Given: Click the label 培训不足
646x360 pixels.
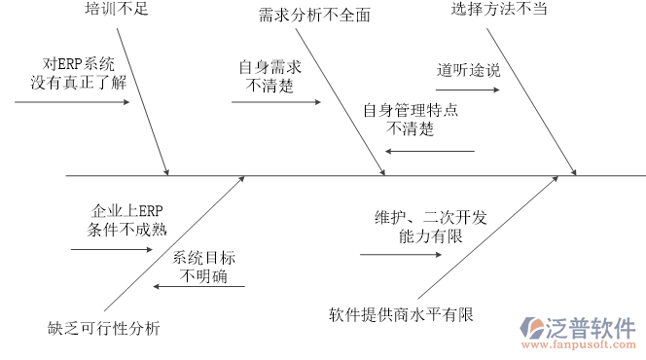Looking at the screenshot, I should click(117, 11).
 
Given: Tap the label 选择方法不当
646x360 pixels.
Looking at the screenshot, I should click(498, 10).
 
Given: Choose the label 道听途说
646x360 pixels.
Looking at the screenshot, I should click(467, 70).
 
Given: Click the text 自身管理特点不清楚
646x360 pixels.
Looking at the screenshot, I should click(411, 119).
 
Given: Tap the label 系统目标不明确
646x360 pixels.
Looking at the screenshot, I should click(205, 268).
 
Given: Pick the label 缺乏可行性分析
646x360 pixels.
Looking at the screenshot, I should click(104, 327).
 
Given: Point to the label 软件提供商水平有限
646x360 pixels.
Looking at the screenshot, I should click(400, 314).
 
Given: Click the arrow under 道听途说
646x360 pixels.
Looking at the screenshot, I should click(467, 91).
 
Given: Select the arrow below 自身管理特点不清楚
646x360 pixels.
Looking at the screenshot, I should click(429, 151).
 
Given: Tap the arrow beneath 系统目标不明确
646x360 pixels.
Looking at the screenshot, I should click(198, 287).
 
